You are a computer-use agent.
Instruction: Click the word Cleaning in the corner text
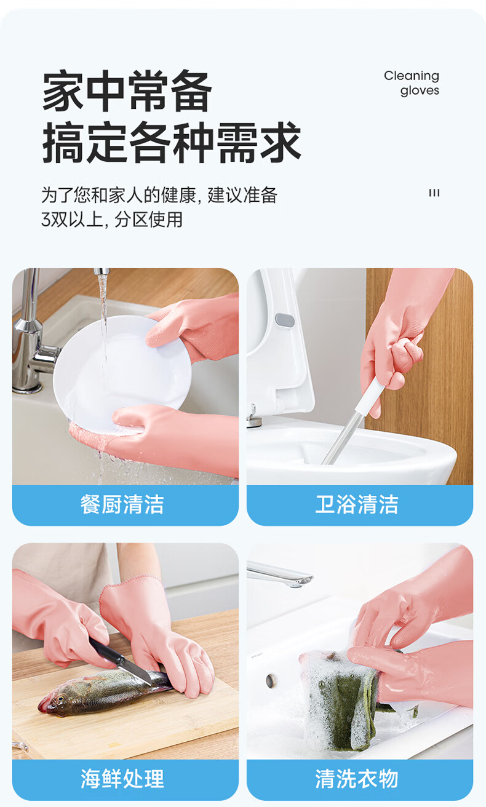point(412,76)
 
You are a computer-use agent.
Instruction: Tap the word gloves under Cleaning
point(420,90)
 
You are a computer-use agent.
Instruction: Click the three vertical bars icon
point(434,193)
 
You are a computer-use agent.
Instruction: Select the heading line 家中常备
point(127,90)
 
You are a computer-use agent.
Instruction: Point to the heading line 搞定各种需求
point(172,142)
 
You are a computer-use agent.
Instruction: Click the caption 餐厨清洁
point(122,504)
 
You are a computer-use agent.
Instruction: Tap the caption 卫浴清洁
point(357,504)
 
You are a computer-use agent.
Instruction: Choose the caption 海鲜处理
point(122,779)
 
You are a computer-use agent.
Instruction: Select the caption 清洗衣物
point(357,779)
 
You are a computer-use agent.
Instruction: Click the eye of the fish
point(60,699)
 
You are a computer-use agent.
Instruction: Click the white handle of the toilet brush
point(367,396)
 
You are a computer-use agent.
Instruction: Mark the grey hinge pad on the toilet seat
point(285,320)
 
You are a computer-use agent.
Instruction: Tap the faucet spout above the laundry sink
point(279,575)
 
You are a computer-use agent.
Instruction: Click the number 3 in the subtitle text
point(46,220)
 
